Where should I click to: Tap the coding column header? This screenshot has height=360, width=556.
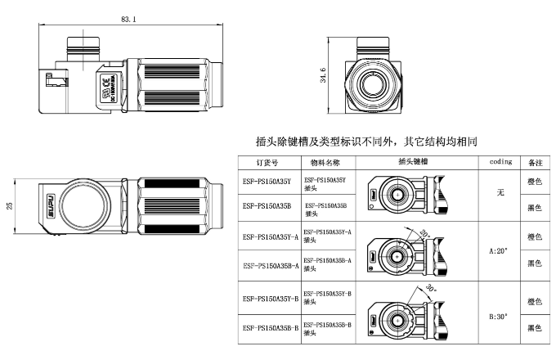500,162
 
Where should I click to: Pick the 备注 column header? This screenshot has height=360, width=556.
536,163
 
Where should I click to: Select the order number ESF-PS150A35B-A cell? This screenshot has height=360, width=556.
268,264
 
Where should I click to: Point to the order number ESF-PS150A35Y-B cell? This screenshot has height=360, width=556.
268,295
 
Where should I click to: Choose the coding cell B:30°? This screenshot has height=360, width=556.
500,315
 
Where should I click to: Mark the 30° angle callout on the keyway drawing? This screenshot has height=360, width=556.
430,289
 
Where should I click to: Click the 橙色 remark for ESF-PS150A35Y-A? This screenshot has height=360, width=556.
536,236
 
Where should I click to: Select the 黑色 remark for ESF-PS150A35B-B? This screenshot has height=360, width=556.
536,328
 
